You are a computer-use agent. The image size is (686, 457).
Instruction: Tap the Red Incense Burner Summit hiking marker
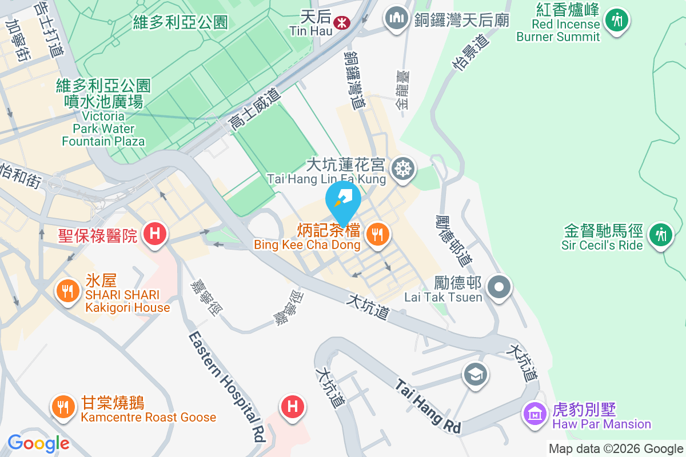tap(616, 21)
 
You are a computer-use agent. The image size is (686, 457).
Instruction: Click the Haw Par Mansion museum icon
tap(534, 412)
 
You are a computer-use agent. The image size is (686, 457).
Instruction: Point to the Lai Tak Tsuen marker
tap(499, 286)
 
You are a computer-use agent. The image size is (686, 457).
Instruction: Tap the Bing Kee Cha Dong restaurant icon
tap(377, 234)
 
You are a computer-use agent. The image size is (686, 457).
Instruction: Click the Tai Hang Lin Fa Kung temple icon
tap(403, 169)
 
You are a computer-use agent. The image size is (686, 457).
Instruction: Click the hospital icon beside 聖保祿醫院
tap(154, 234)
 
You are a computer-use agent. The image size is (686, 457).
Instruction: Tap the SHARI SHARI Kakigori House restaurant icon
tap(67, 291)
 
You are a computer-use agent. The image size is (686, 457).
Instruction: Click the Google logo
tap(38, 443)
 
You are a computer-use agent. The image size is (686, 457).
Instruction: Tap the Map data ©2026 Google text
tap(616, 449)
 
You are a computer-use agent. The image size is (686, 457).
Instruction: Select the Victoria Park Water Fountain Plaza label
tap(103, 113)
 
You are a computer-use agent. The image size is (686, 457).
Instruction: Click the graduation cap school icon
tap(475, 375)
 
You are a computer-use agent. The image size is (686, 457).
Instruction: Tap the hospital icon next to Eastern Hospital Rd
tap(292, 407)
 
